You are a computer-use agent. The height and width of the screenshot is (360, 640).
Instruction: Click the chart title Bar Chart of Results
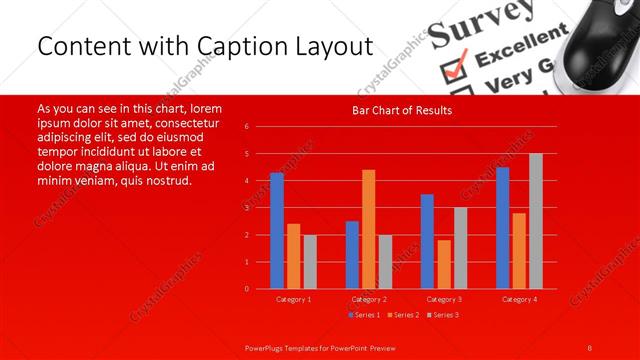click(402, 110)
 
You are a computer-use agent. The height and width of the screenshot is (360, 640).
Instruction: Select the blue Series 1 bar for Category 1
click(277, 230)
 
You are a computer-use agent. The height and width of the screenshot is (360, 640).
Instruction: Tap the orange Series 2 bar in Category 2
click(369, 228)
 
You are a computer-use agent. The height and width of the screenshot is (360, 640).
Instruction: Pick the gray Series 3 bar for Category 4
click(536, 221)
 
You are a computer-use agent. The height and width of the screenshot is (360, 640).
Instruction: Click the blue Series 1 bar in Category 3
click(427, 241)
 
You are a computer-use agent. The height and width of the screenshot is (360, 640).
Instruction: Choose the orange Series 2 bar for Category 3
click(444, 264)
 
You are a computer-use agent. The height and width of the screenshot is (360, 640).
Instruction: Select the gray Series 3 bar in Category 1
click(310, 261)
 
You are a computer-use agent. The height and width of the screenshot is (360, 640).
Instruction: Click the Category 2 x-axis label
click(369, 299)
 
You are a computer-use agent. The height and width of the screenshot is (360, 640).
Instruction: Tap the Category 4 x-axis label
click(519, 299)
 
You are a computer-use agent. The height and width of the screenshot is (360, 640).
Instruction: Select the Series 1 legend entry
click(365, 315)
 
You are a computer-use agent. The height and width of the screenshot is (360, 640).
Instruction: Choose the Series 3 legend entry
click(442, 315)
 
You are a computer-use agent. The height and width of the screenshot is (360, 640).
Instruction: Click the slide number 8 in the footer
click(589, 347)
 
